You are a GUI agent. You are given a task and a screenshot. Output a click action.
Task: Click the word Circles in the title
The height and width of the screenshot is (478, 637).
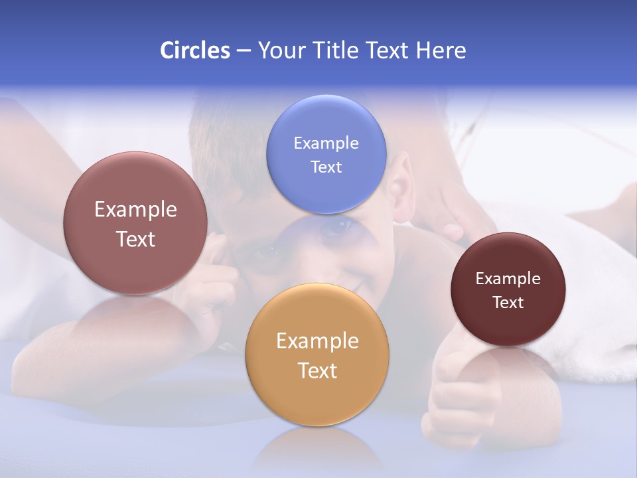194,50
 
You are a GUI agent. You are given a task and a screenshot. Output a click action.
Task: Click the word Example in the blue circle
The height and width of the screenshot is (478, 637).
326,143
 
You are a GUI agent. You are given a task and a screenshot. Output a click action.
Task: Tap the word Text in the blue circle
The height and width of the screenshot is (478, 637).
326,167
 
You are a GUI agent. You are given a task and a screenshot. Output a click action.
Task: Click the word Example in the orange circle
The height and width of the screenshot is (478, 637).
317,341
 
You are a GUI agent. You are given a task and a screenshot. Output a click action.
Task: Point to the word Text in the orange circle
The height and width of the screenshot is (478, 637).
317,370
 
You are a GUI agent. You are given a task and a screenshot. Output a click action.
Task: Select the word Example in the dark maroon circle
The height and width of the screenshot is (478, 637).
508,278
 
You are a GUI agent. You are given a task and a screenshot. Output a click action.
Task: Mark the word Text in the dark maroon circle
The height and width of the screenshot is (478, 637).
508,302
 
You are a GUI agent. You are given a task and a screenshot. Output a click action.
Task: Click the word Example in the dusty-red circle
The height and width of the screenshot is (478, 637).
135,210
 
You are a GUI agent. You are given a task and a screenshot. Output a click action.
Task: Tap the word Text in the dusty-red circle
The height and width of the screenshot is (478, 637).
135,239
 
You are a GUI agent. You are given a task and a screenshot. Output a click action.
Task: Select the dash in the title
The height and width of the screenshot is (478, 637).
244,51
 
